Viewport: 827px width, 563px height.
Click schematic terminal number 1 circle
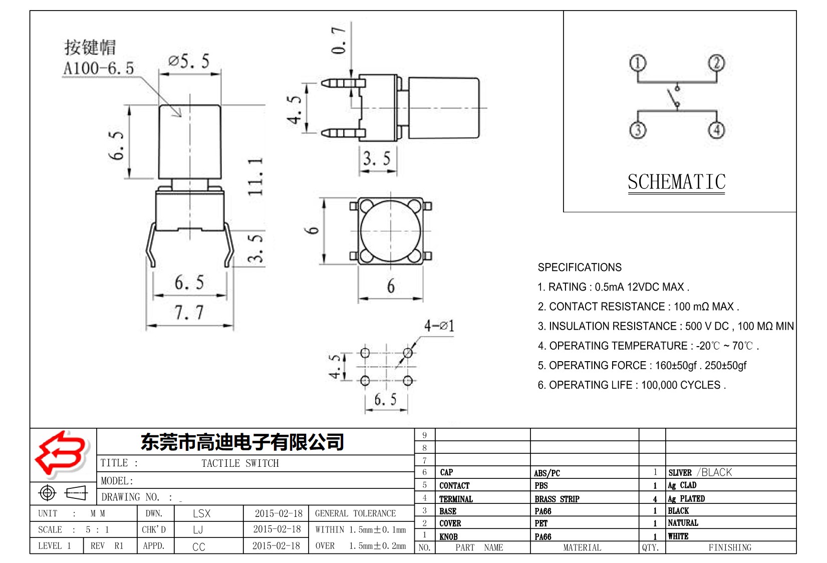[637, 63]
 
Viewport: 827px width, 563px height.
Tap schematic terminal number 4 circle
[716, 130]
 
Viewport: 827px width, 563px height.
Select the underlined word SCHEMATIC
[676, 182]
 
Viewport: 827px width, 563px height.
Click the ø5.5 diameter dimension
[189, 62]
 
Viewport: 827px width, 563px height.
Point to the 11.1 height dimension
[255, 177]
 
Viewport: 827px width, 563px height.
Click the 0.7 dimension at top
[339, 40]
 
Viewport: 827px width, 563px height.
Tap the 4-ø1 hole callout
[439, 326]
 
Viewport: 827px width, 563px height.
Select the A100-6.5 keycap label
[99, 68]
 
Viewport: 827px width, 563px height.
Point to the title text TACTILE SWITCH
[240, 463]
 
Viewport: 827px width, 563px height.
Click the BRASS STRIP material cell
[557, 499]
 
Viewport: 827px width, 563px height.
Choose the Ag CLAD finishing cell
[682, 485]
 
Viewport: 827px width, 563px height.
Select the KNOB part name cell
[448, 536]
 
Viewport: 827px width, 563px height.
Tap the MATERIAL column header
[582, 547]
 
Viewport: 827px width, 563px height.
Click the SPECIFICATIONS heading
[579, 267]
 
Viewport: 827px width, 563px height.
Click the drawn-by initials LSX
[201, 513]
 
